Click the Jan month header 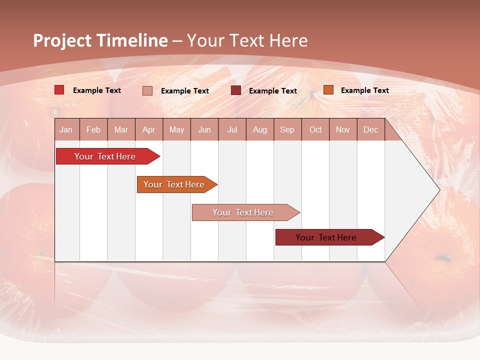click(x=66, y=130)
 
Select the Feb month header click(x=93, y=130)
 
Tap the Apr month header click(x=149, y=130)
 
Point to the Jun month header click(x=204, y=130)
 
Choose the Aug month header click(x=260, y=130)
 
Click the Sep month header click(x=287, y=130)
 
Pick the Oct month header click(x=315, y=130)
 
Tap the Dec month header click(x=371, y=130)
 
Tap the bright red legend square click(x=59, y=90)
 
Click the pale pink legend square click(x=147, y=90)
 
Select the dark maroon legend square click(x=236, y=90)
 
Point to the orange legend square click(x=328, y=90)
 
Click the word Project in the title click(x=62, y=40)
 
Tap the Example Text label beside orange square click(x=364, y=90)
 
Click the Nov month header click(x=343, y=130)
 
